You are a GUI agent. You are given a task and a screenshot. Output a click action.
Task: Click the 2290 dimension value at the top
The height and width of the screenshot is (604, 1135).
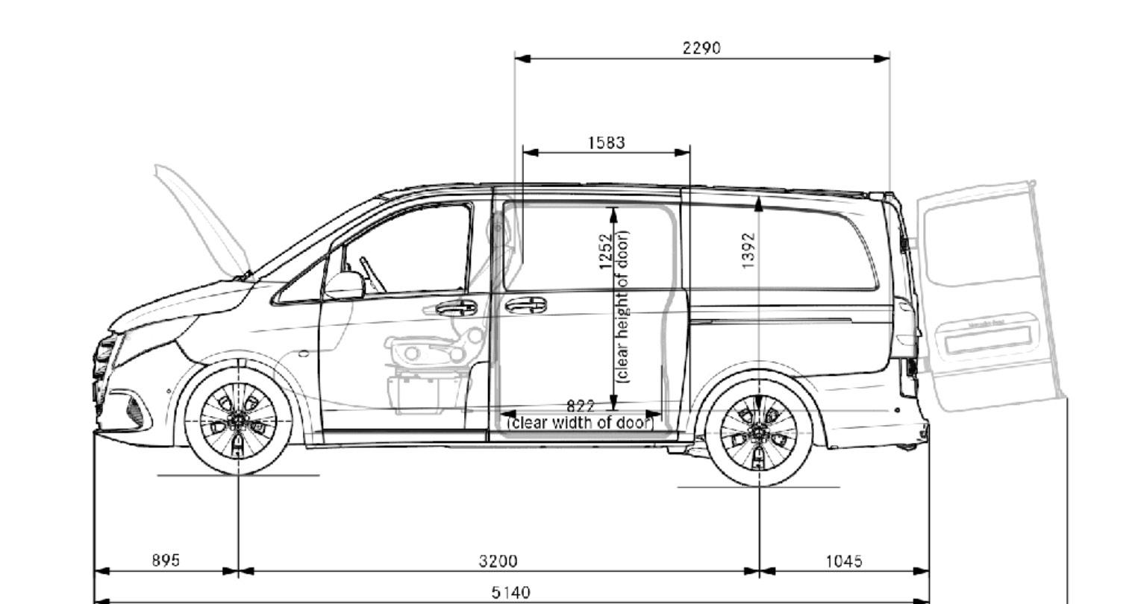coord(701,48)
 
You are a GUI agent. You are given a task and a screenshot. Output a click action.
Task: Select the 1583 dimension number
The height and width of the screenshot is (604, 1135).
coord(606,142)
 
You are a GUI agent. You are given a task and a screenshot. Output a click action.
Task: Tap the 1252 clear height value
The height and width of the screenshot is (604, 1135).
coord(606,252)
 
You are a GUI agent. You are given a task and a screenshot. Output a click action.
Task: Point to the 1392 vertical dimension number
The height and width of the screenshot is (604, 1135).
coord(748,251)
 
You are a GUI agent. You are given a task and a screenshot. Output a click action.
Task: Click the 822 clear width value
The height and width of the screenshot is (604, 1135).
coord(581,406)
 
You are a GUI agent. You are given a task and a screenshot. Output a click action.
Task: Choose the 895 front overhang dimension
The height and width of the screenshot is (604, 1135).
coord(166,560)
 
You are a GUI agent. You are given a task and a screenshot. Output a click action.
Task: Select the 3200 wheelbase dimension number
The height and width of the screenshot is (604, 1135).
coord(498,561)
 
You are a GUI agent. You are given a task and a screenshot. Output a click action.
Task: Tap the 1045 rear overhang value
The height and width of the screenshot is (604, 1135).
coord(844,561)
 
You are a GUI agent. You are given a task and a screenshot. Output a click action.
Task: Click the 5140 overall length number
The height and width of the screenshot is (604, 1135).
coord(511,593)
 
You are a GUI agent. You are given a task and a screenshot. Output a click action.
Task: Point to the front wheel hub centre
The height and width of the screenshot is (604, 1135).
coord(238,421)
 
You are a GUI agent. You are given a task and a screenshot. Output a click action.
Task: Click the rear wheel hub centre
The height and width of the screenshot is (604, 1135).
coord(759,430)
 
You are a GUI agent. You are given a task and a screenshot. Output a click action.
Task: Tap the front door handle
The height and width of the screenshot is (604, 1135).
coord(456,307)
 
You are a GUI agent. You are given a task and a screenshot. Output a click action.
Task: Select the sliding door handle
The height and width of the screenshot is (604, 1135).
coord(525,305)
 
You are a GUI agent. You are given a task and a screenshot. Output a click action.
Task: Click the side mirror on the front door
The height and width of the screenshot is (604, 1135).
coord(343,285)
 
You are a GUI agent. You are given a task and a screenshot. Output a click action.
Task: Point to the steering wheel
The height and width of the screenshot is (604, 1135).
coord(372,274)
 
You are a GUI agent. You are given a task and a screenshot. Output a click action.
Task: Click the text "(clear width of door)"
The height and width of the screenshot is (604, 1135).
coord(581,423)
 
